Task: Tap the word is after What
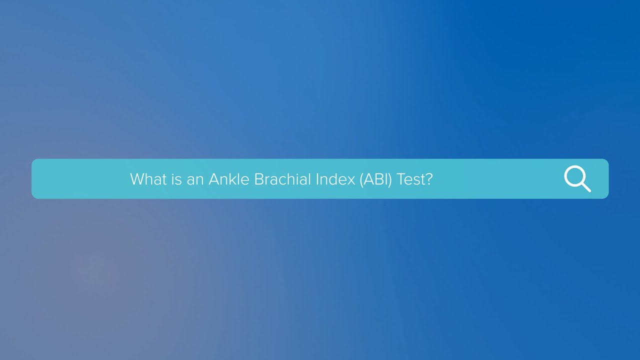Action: [x=176, y=179]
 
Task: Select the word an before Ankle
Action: [x=195, y=179]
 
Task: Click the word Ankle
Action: [x=229, y=179]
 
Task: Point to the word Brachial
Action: [x=282, y=179]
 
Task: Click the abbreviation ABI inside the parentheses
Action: [x=376, y=179]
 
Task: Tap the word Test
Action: [x=410, y=179]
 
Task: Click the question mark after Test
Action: [x=428, y=179]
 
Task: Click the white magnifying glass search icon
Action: [x=577, y=178]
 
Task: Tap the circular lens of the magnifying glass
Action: [x=574, y=176]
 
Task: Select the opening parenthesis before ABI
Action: [x=361, y=179]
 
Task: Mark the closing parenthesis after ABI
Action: [x=391, y=179]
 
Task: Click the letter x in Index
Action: [x=350, y=179]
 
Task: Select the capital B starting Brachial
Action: [x=259, y=179]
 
